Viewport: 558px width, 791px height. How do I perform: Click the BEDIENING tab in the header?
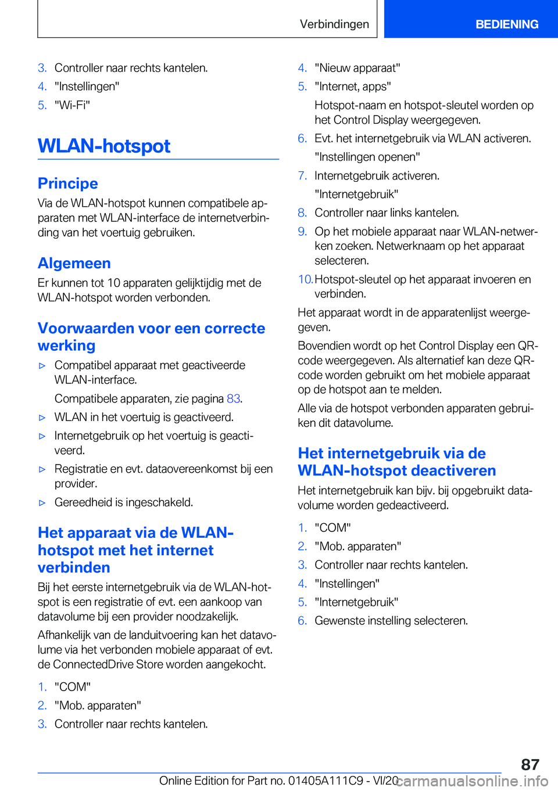[506, 24]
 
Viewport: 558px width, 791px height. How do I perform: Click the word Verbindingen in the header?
[334, 24]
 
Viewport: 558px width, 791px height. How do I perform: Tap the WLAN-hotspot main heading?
[104, 146]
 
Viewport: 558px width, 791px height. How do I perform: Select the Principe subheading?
[67, 184]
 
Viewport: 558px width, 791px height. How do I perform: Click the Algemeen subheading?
[74, 263]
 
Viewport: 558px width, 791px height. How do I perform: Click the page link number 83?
[233, 398]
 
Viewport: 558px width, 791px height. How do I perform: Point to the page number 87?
[530, 764]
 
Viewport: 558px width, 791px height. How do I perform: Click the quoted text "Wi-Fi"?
[72, 105]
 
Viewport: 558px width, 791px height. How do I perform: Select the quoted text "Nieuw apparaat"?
[357, 68]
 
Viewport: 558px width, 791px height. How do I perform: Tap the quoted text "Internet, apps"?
[352, 87]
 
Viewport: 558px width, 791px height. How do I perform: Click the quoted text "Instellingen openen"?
[367, 157]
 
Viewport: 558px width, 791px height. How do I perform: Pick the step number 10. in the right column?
[305, 279]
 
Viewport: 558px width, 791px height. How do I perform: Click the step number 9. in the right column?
[302, 231]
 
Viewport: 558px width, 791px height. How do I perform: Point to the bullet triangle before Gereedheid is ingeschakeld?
[42, 502]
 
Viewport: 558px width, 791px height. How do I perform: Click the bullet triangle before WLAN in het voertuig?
[42, 418]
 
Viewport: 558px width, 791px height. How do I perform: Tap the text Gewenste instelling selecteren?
[391, 621]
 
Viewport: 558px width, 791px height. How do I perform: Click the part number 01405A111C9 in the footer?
[325, 781]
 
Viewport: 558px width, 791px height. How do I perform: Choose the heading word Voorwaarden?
[86, 328]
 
